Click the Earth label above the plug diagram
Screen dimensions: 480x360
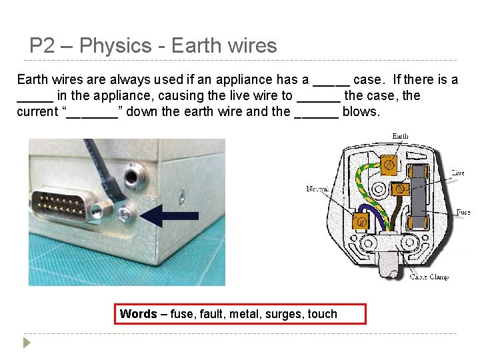(400, 136)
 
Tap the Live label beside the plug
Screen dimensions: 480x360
(457, 173)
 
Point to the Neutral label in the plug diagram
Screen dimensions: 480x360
(317, 189)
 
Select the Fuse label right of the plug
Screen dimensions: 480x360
(463, 212)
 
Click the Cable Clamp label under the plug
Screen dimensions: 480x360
(429, 276)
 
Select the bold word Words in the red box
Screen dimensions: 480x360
(138, 314)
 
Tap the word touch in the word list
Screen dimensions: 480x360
(323, 314)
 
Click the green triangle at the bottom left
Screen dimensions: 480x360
(27, 343)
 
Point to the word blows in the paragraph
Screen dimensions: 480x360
(361, 111)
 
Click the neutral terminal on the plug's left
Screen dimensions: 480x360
(361, 221)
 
